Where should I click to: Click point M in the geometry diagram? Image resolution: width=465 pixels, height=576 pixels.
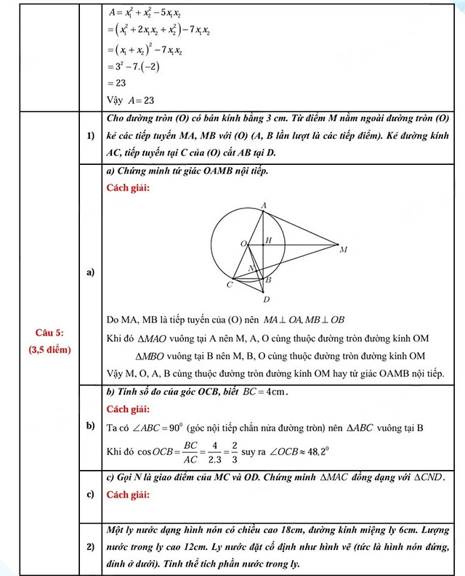pyautogui.click(x=343, y=249)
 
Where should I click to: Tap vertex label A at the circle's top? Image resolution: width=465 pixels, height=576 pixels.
pyautogui.click(x=263, y=206)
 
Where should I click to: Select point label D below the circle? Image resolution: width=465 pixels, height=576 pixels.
pyautogui.click(x=266, y=299)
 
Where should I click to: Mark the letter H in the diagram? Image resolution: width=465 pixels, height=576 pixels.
pyautogui.click(x=268, y=240)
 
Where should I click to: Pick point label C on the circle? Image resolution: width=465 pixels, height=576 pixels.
pyautogui.click(x=229, y=285)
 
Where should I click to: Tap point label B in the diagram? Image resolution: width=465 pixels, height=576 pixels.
pyautogui.click(x=268, y=280)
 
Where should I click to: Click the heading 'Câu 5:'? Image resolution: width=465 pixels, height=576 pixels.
pyautogui.click(x=49, y=332)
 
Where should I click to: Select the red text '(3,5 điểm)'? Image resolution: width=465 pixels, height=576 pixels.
pyautogui.click(x=49, y=348)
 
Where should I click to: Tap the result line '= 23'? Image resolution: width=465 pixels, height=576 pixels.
pyautogui.click(x=116, y=83)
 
